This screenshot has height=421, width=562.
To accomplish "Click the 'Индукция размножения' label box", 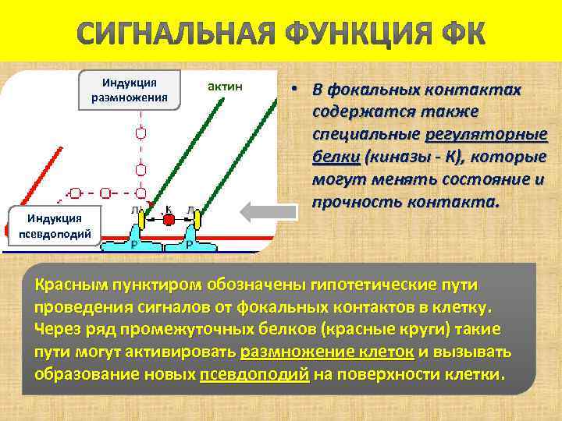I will [130, 90].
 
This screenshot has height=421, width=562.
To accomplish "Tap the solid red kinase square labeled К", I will [169, 220].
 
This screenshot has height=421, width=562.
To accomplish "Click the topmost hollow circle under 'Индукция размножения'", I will [140, 133].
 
